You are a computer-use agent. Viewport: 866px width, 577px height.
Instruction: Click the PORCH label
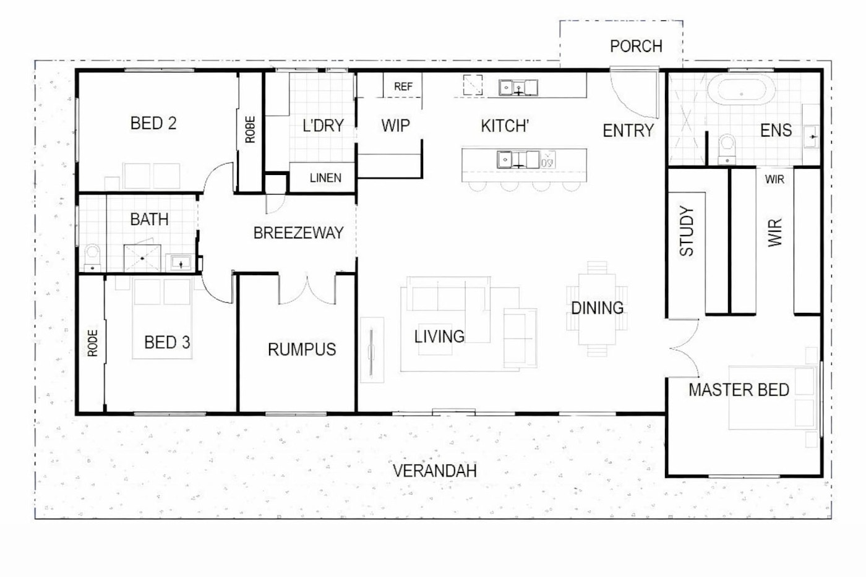pos(636,46)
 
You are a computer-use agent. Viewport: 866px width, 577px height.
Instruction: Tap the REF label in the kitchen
pos(403,87)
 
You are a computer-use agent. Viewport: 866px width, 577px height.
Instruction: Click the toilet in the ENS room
pos(727,149)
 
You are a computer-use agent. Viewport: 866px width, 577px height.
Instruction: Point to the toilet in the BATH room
pos(92,258)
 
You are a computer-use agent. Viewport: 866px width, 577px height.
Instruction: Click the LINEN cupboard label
pos(325,178)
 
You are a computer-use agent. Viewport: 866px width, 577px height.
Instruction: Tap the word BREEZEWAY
pos(298,233)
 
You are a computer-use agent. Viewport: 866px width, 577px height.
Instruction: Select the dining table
pos(597,309)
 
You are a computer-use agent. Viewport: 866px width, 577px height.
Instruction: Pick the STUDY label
pos(687,231)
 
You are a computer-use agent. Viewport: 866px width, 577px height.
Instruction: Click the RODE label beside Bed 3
pos(92,343)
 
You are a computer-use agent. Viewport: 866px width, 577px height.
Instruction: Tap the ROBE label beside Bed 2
pos(250,130)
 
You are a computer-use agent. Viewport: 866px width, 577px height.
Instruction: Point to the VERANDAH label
pos(435,471)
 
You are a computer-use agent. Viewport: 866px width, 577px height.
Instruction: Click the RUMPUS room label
pos(302,349)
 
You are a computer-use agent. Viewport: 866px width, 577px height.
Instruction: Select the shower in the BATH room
pos(142,258)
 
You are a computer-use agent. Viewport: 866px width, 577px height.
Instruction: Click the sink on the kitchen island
pos(518,160)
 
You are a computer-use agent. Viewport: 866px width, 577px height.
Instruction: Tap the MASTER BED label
pos(739,390)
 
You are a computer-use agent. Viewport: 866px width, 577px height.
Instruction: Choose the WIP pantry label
pos(395,126)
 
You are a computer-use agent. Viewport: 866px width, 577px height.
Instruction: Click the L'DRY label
pos(323,126)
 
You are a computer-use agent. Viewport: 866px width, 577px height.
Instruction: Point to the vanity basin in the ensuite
pos(811,137)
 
